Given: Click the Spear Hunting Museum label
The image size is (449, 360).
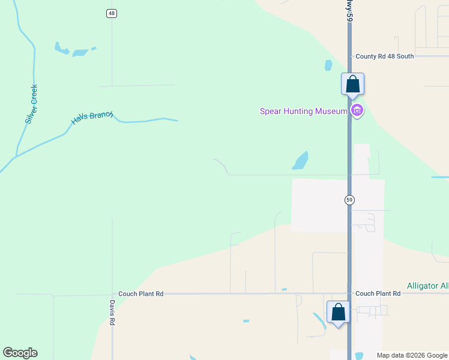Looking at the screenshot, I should tap(303, 111).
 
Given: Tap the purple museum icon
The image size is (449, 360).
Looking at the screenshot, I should tap(358, 110).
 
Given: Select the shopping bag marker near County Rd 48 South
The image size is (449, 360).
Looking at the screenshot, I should tap(352, 84).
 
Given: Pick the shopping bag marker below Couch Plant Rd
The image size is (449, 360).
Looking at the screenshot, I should tap(338, 313).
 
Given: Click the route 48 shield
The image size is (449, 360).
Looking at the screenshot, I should tap(112, 13).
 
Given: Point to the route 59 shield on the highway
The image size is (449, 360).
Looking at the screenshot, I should tap(349, 200).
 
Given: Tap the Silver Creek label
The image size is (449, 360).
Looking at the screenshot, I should tap(32, 104).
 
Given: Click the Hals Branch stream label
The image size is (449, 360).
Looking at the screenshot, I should tap(92, 118).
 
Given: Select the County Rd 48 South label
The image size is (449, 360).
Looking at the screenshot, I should tap(384, 56).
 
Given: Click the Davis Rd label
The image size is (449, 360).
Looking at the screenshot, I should tap(112, 313).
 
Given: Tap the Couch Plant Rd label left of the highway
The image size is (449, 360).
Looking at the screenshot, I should tap(140, 294).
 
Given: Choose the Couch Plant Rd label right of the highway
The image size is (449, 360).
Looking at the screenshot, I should tap(378, 294).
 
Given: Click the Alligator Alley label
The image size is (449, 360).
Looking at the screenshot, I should tap(427, 286).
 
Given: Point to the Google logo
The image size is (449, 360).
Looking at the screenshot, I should tap(20, 353).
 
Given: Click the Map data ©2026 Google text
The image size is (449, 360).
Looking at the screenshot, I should tap(412, 355).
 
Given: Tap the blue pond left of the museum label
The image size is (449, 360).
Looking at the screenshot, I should tap(300, 161).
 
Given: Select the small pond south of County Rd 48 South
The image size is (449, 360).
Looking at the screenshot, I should tap(328, 65).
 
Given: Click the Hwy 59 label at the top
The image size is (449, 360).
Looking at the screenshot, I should tap(348, 11).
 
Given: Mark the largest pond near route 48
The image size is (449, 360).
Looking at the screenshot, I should tap(61, 48).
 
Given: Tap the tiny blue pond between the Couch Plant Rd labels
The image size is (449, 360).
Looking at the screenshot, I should tap(284, 290).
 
